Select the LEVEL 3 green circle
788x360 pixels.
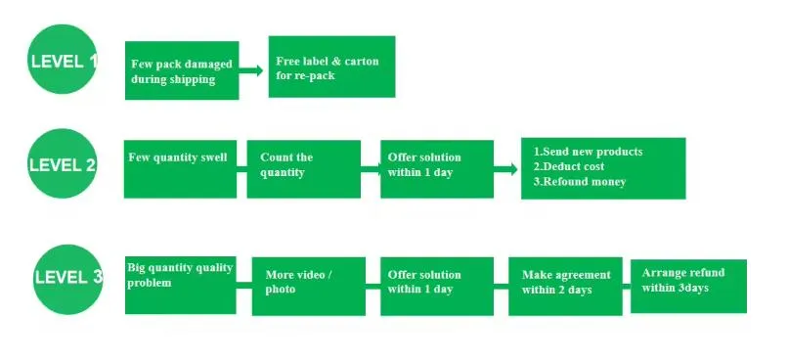(x=66, y=276)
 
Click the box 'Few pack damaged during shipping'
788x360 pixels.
(x=182, y=70)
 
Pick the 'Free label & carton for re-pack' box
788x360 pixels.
(x=331, y=67)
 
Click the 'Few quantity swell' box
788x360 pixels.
(x=180, y=169)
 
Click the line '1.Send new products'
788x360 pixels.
(x=588, y=152)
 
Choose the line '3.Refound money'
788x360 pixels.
(x=580, y=181)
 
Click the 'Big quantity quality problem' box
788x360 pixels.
(x=180, y=285)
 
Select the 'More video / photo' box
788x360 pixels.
(x=308, y=286)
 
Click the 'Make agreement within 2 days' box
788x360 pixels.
(x=564, y=286)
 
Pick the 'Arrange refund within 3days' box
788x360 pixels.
(x=688, y=286)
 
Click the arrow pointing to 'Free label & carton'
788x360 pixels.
(x=253, y=70)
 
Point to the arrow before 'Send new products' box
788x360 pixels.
(x=505, y=169)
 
